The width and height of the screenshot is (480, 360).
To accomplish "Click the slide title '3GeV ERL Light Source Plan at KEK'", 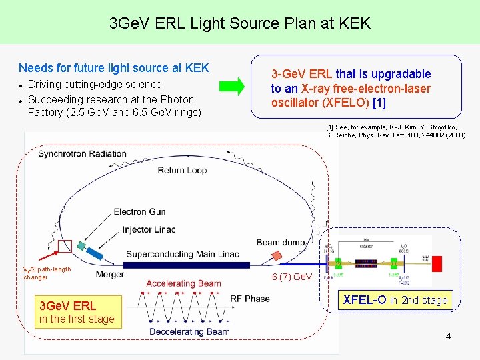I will [x=240, y=24].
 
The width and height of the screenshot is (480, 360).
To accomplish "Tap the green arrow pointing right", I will [x=233, y=86].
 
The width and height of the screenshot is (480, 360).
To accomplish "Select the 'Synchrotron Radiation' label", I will [x=82, y=154].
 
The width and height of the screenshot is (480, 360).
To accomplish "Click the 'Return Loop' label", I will [x=182, y=171].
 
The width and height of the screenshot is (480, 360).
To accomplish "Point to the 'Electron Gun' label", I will [x=140, y=212].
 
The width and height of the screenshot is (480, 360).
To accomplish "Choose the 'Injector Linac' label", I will [x=149, y=229].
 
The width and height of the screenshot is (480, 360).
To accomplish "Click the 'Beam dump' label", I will [x=281, y=243].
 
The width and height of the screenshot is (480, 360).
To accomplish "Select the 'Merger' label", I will [x=109, y=274].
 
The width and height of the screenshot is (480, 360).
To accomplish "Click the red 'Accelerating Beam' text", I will [x=183, y=283].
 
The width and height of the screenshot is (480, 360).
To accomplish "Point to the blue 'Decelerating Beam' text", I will [x=189, y=332].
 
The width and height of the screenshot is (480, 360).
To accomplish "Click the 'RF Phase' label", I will [x=250, y=299].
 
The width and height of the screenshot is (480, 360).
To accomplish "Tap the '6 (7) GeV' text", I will [x=291, y=277].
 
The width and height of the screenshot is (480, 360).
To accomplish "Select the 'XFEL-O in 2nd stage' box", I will [x=395, y=300].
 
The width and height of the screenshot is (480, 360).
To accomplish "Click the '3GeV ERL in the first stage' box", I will [x=77, y=312].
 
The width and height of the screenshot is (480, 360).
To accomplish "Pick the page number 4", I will [x=448, y=337].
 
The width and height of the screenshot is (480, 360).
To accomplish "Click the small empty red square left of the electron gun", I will [x=65, y=246].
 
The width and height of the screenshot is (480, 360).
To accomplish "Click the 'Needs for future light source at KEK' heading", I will [x=114, y=68].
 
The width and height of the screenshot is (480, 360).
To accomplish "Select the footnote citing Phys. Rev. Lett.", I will [x=396, y=131].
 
